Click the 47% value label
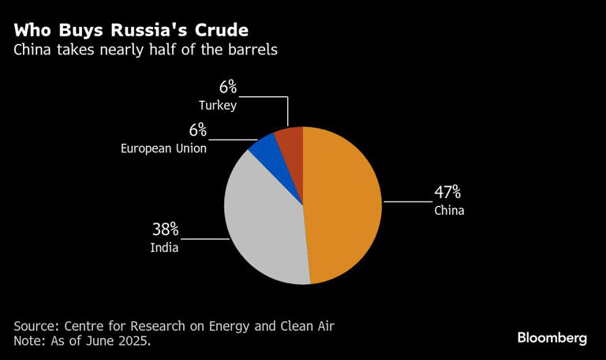[x=447, y=193]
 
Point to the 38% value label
[x=166, y=230]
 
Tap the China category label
[x=449, y=211]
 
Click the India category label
[x=164, y=248]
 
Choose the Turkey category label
[x=218, y=104]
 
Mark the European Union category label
[x=164, y=148]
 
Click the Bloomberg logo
[x=552, y=338]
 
